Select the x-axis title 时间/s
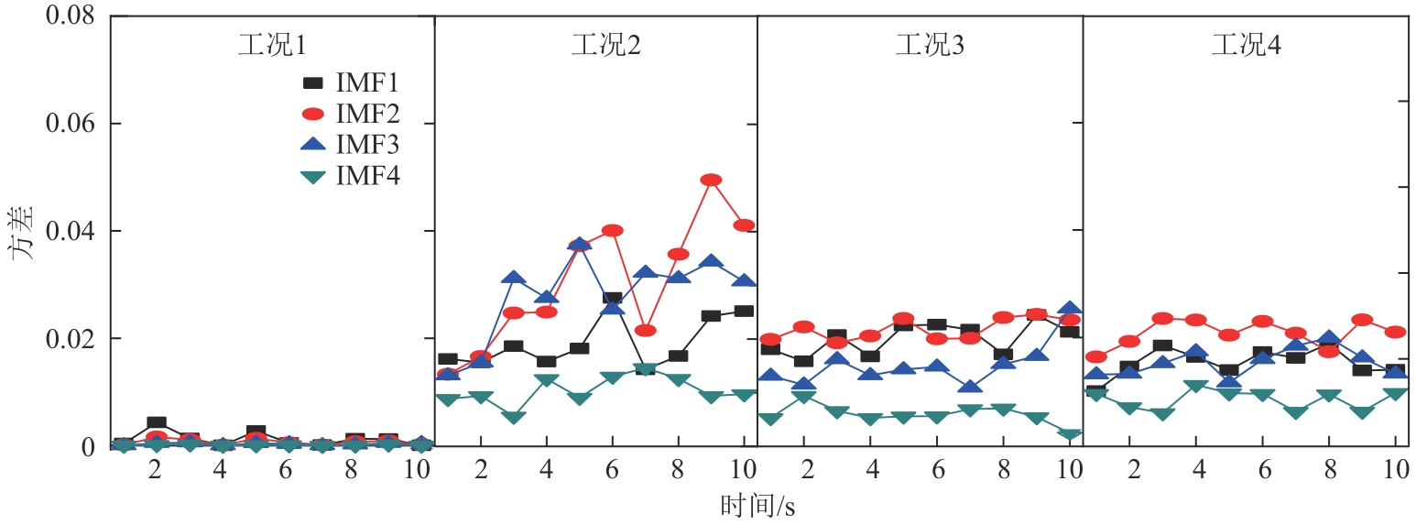click(x=757, y=504)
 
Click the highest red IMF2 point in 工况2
click(x=711, y=180)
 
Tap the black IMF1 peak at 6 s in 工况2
click(x=613, y=299)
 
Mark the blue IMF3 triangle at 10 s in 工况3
click(x=1069, y=310)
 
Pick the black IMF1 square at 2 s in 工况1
click(x=156, y=423)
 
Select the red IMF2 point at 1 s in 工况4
click(x=1095, y=357)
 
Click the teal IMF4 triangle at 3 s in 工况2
click(x=514, y=418)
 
